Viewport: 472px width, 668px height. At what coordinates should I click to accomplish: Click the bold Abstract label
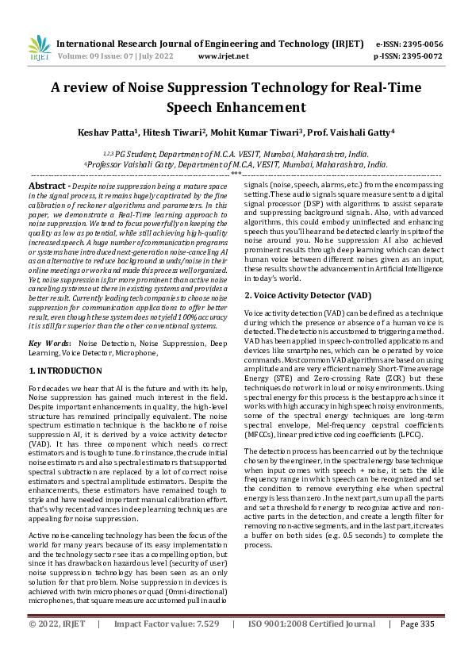[x=48, y=184]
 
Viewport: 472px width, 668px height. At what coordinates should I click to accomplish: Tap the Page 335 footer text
[x=418, y=647]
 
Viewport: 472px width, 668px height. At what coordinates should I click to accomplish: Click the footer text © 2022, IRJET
[x=57, y=647]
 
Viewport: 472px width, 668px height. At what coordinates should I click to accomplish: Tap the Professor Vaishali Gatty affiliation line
[x=236, y=164]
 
